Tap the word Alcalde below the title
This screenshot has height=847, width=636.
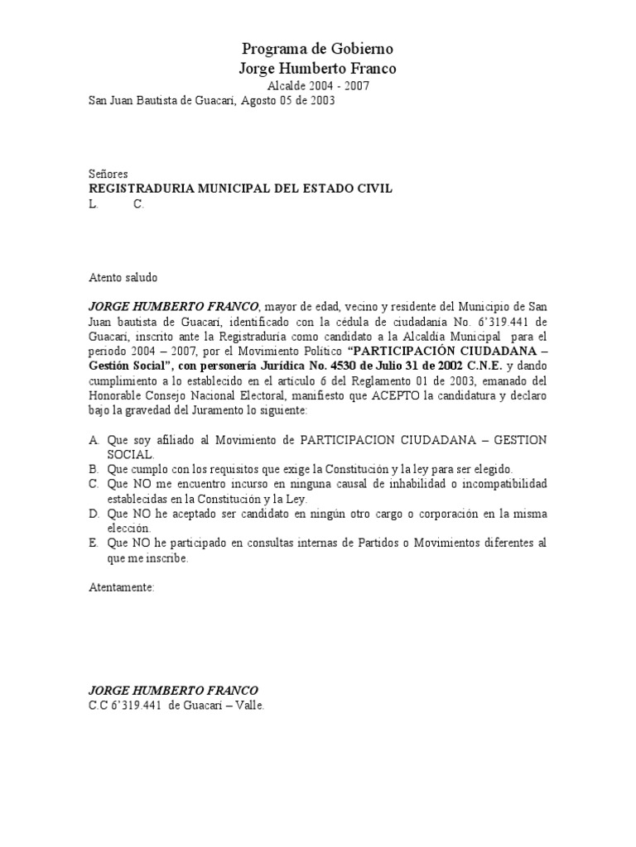[287, 85]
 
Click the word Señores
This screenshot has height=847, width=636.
[108, 175]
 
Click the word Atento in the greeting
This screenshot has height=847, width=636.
[105, 276]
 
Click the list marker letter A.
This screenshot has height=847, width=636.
[94, 439]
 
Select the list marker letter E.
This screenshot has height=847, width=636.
[94, 543]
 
